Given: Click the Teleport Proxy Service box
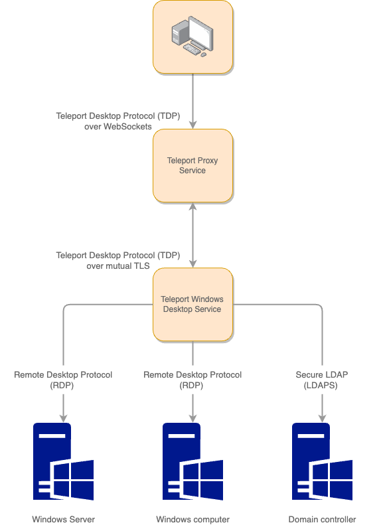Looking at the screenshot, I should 193,166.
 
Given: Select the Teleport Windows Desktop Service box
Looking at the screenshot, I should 193,304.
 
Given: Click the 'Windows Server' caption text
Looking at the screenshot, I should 63,519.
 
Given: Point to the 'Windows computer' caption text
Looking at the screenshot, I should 193,519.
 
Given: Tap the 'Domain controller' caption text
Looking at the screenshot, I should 322,519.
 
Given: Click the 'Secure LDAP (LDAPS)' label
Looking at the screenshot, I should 322,380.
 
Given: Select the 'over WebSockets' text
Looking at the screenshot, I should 118,126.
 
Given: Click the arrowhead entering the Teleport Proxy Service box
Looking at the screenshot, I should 193,125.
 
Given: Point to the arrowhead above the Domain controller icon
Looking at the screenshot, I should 322,418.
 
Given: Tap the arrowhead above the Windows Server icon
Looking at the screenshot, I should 63,418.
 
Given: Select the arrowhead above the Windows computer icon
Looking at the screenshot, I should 193,418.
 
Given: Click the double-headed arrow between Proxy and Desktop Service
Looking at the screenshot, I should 193,236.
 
